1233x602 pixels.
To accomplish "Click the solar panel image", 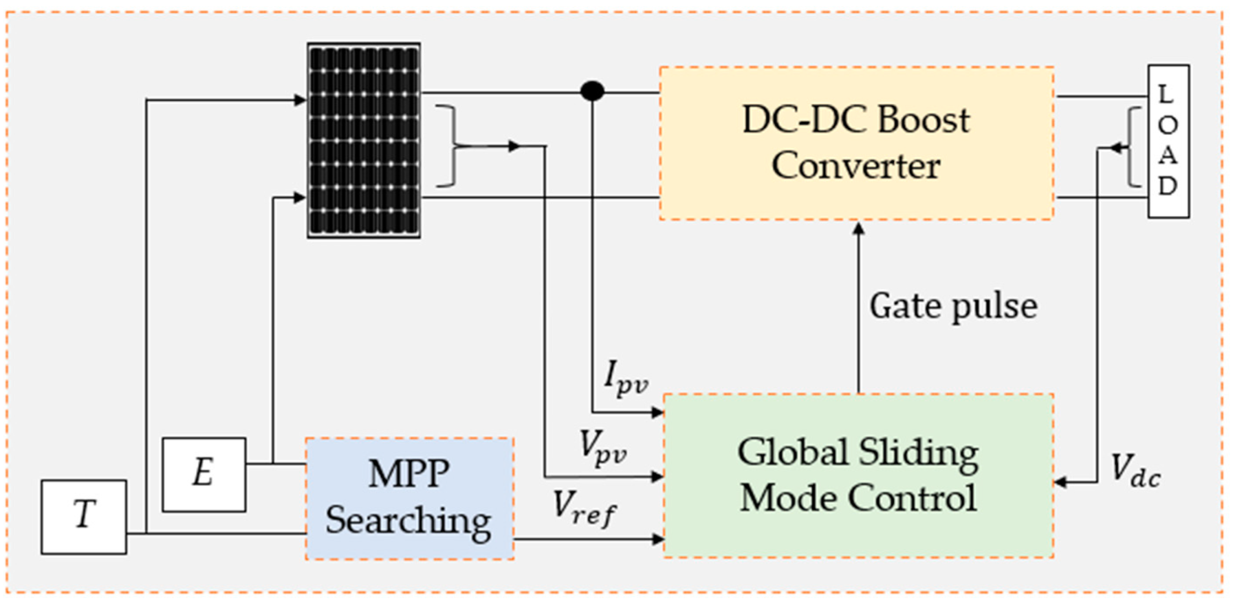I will pyautogui.click(x=364, y=140).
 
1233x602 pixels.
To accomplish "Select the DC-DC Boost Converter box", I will pyautogui.click(x=856, y=143).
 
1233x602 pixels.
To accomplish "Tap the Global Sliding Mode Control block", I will pyautogui.click(x=858, y=476).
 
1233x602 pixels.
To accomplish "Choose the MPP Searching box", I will pyautogui.click(x=410, y=499).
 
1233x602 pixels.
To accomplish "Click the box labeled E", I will pyautogui.click(x=204, y=474).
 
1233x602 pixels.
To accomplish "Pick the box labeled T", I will pyautogui.click(x=84, y=517).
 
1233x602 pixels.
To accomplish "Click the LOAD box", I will pyautogui.click(x=1168, y=142).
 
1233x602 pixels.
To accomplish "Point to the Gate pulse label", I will pyautogui.click(x=953, y=306).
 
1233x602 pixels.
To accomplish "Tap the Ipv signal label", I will pyautogui.click(x=625, y=378).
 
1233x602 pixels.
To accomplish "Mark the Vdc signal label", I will pyautogui.click(x=1135, y=471).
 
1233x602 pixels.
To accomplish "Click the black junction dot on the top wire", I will pyautogui.click(x=593, y=91).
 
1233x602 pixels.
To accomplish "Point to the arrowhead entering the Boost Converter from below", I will pyautogui.click(x=858, y=227).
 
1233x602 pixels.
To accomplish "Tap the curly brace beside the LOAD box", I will pyautogui.click(x=1133, y=147).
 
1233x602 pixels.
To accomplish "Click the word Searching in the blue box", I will pyautogui.click(x=408, y=520).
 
